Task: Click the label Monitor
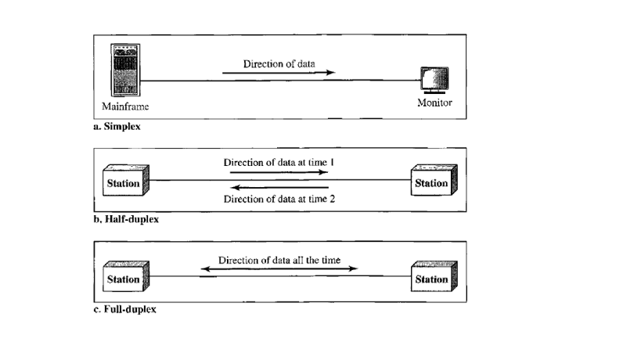click(x=434, y=103)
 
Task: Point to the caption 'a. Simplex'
click(x=117, y=126)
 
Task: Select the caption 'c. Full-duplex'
click(x=124, y=309)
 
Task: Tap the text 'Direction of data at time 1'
click(x=279, y=162)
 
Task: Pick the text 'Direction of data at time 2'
click(x=279, y=199)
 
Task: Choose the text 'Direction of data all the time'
click(x=279, y=260)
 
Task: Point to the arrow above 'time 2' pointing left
click(x=279, y=189)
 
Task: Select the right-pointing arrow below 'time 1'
click(x=279, y=172)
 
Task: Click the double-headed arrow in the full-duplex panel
click(x=279, y=270)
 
